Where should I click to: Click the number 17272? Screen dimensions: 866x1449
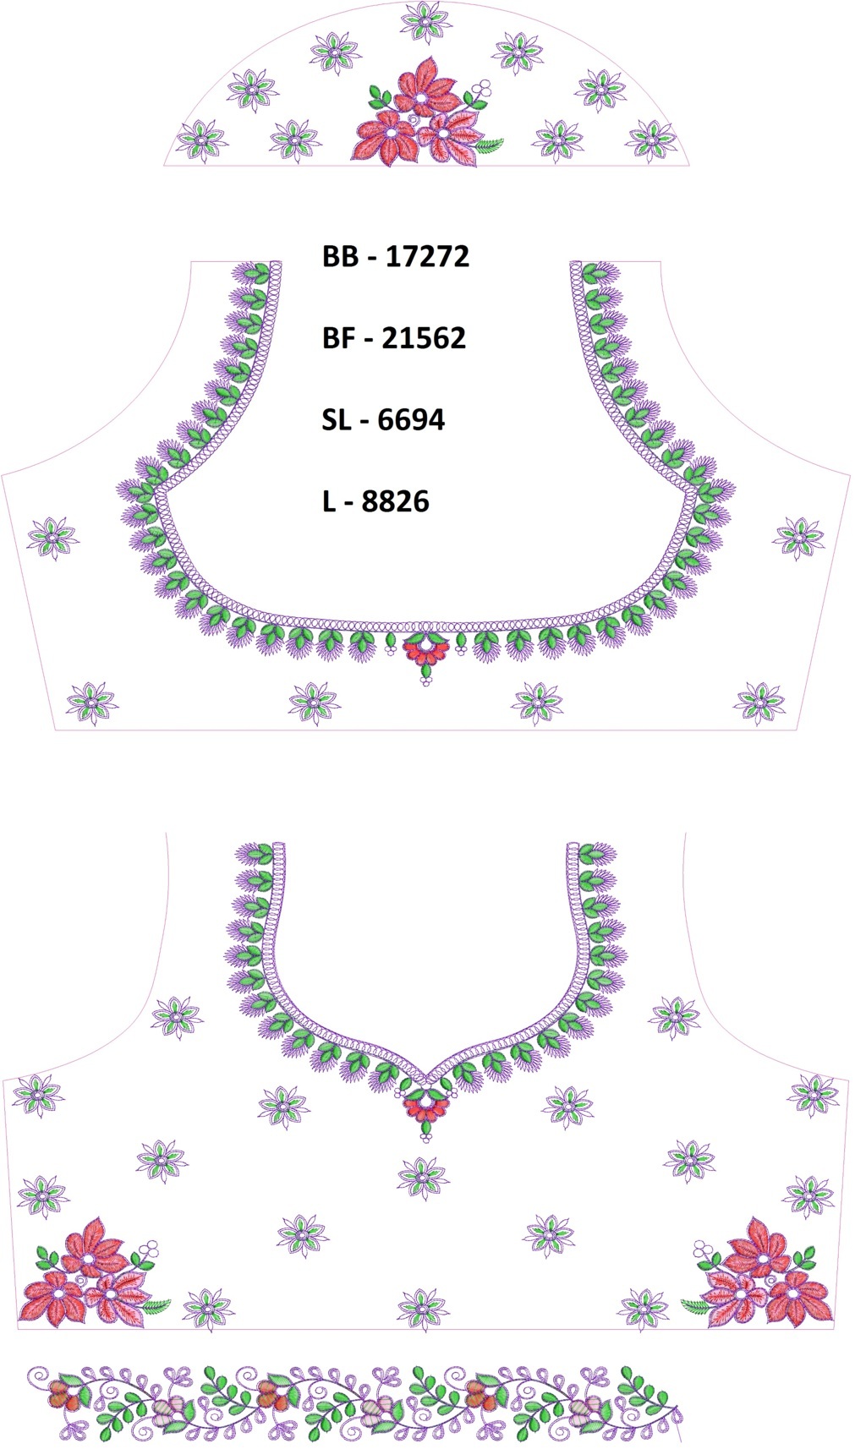click(427, 257)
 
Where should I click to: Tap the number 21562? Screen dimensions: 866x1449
click(424, 338)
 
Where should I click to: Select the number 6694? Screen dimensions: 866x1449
click(411, 420)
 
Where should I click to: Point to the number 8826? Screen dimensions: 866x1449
click(395, 501)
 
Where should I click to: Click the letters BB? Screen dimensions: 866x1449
click(341, 257)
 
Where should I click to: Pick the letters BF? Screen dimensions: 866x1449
click(337, 338)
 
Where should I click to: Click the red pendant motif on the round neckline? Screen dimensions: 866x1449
click(426, 648)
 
